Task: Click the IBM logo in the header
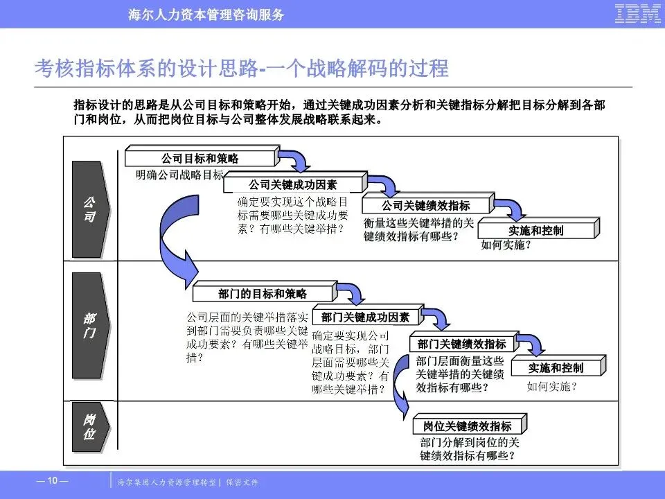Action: pos(637,14)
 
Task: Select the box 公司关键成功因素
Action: pos(293,184)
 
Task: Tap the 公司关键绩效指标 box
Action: pos(425,205)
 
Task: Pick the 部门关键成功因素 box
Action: pos(365,317)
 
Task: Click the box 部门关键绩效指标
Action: pos(461,344)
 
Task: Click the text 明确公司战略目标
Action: pos(179,175)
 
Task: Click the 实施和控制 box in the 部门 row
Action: pos(556,368)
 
